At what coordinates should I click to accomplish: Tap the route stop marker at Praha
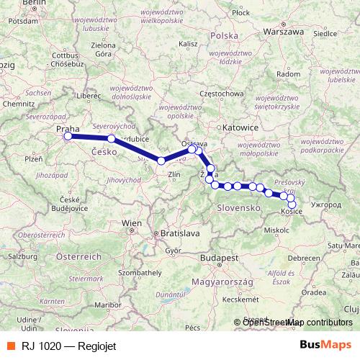(68, 136)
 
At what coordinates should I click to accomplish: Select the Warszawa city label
(283, 32)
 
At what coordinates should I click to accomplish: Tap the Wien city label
(132, 223)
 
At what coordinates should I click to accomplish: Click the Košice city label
(292, 212)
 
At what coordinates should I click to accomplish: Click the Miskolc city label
(276, 230)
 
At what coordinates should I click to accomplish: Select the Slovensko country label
(238, 207)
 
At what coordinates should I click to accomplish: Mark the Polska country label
(225, 35)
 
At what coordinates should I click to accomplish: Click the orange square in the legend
(9, 346)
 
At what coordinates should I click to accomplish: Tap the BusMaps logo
(325, 345)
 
